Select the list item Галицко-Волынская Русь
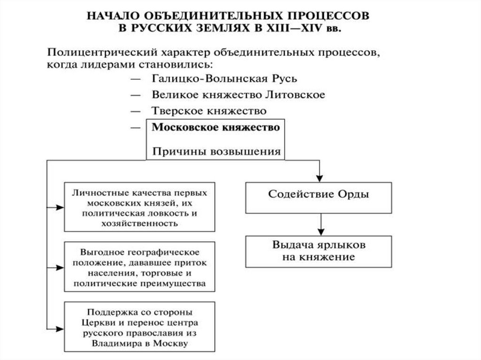(x=224, y=79)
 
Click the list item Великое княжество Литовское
(x=238, y=95)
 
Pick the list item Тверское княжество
(x=209, y=111)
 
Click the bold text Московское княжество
(x=217, y=127)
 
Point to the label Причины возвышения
(x=217, y=151)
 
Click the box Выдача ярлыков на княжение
(x=318, y=251)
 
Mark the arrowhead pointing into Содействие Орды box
(x=319, y=178)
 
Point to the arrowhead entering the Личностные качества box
(x=60, y=207)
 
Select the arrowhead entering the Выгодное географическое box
(x=60, y=267)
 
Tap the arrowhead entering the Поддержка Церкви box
(x=60, y=327)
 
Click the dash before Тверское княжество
(x=136, y=112)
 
